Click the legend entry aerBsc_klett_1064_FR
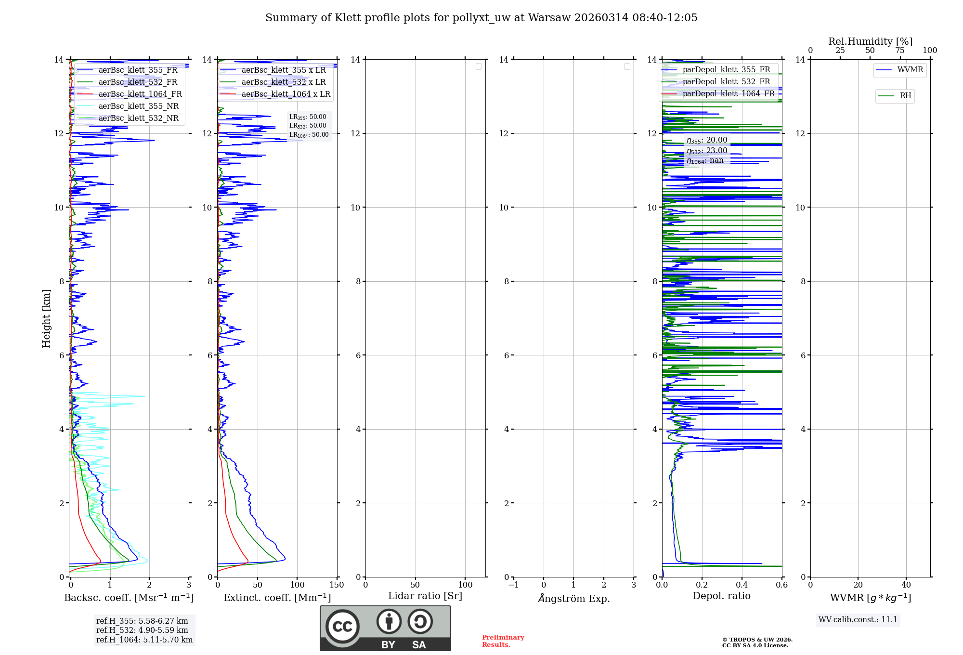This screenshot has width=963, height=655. point(140,94)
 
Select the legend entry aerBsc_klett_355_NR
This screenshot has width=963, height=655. point(139,106)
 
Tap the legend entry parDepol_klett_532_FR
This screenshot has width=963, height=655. point(726,82)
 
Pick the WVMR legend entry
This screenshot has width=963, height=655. point(910,70)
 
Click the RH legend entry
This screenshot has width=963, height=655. point(905,96)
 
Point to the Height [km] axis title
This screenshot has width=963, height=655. point(46,318)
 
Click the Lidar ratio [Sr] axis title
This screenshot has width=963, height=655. point(425,596)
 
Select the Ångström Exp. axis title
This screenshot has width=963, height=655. point(573,599)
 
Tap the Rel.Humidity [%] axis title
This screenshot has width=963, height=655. point(870,41)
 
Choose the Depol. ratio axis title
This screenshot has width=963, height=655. point(721,596)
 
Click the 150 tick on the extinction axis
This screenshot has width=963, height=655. point(337,585)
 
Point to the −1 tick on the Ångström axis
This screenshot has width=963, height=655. point(514,585)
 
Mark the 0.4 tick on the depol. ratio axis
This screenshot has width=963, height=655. point(742,585)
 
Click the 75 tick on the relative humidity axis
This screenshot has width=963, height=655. point(899,51)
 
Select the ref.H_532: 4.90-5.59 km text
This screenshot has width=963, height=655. point(142,630)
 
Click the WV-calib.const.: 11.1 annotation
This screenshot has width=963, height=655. point(858,620)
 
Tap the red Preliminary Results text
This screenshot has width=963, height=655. point(503,641)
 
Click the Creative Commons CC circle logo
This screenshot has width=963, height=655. point(342,627)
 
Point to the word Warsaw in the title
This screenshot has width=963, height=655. point(548,18)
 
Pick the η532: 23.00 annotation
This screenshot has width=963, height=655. point(707,151)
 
